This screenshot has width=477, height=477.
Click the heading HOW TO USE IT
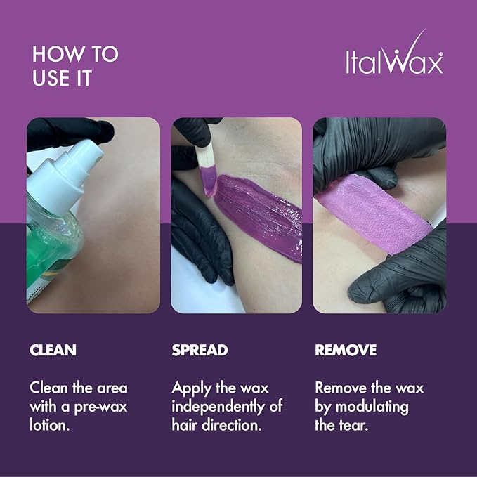tap(75, 66)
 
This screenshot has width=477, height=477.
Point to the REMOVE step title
tap(346, 350)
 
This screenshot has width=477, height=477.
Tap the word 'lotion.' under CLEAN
tap(51, 424)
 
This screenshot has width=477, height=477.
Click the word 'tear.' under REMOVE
tap(352, 424)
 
